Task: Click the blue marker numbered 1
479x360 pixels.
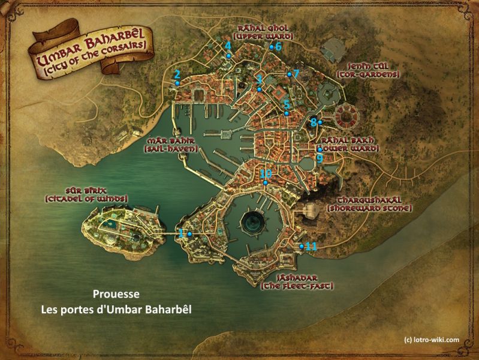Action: tap(189, 233)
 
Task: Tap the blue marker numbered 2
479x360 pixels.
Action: tap(177, 83)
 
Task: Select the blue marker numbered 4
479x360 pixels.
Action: tap(229, 55)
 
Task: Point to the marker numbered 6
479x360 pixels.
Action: tap(272, 47)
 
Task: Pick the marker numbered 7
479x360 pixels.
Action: tap(289, 74)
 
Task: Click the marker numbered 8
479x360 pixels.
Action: tap(320, 122)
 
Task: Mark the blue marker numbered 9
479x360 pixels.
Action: tap(320, 149)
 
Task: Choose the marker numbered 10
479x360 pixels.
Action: tap(265, 182)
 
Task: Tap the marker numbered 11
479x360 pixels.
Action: tap(302, 246)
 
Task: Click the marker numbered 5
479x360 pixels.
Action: tap(287, 113)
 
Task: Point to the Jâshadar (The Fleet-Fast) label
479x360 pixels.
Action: tap(297, 282)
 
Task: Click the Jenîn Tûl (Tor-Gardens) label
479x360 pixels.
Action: tap(368, 70)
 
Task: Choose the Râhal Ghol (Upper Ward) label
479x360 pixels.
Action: tap(264, 31)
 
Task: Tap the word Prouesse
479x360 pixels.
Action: tap(117, 295)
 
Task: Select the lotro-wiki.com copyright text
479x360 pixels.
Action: tap(432, 339)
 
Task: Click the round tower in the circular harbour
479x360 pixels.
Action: tap(254, 222)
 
